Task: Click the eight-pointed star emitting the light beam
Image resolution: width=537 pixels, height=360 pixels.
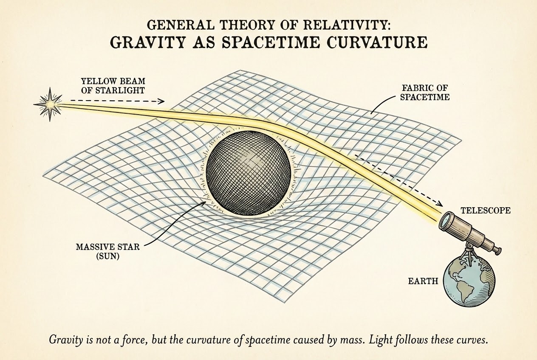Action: pos(50,104)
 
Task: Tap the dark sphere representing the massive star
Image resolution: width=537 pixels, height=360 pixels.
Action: pos(249,173)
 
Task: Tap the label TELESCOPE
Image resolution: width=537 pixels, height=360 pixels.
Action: pos(486,211)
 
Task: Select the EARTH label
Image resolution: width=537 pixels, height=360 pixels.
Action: pos(423,281)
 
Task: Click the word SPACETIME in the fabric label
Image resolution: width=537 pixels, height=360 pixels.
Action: pos(425,97)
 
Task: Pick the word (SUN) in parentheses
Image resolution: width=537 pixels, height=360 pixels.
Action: pos(107,256)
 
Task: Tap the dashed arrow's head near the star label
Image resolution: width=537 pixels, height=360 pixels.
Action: pos(161,101)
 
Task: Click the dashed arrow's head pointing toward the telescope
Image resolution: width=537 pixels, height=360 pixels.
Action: pos(440,204)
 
